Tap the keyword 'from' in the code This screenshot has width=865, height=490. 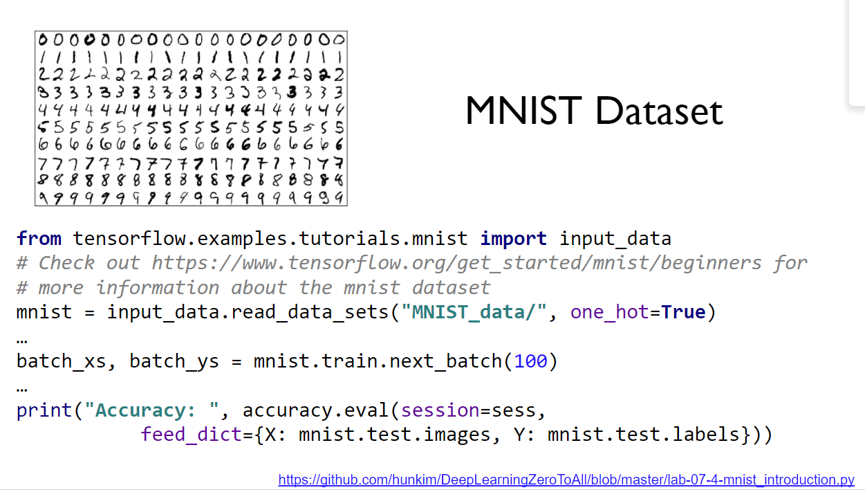coord(39,239)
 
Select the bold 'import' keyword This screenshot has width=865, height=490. coord(513,239)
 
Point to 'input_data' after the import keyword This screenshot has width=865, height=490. coord(615,239)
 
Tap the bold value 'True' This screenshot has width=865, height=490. coord(683,312)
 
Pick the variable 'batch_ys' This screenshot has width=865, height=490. coord(174,361)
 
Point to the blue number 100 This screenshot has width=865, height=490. coord(530,361)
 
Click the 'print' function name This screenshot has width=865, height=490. coord(44,410)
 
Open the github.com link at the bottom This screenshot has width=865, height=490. coord(566,480)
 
